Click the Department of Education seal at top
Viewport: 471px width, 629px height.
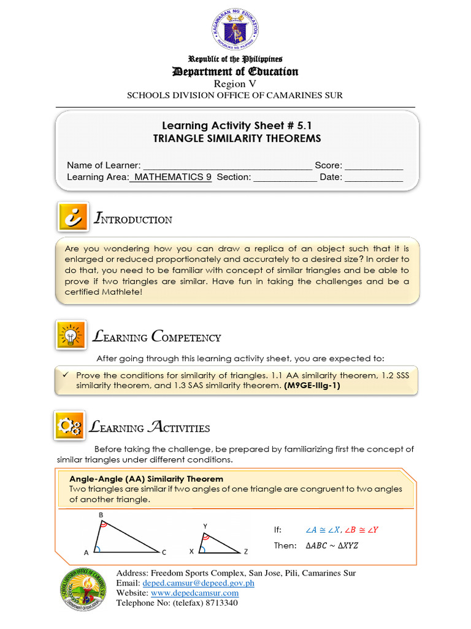pyautogui.click(x=235, y=30)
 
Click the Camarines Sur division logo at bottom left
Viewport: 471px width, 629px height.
pyautogui.click(x=85, y=589)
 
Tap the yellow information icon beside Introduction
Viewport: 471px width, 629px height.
pyautogui.click(x=72, y=218)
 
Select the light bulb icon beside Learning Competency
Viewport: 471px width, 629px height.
pyautogui.click(x=71, y=335)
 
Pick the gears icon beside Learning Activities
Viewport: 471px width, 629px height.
pyautogui.click(x=71, y=426)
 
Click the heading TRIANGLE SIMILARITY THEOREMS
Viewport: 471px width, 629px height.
pyautogui.click(x=237, y=139)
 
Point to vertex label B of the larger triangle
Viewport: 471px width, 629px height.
pyautogui.click(x=100, y=514)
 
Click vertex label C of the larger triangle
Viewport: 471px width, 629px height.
pyautogui.click(x=164, y=552)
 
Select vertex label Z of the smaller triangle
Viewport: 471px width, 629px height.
pyautogui.click(x=246, y=552)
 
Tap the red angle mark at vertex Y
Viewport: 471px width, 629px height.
pyautogui.click(x=206, y=537)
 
